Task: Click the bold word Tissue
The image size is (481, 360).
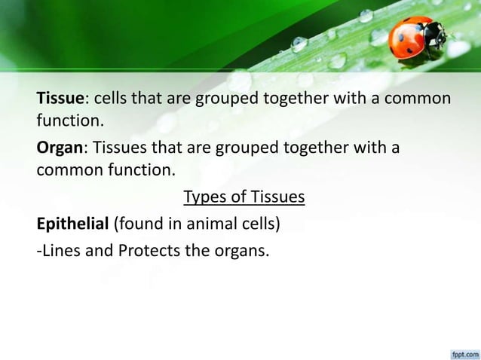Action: pyautogui.click(x=63, y=99)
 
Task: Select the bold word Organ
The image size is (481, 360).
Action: pyautogui.click(x=61, y=147)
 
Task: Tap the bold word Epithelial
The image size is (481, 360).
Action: pyautogui.click(x=73, y=224)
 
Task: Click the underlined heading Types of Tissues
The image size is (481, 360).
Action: pyautogui.click(x=244, y=198)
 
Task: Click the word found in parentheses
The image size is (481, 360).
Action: pyautogui.click(x=136, y=224)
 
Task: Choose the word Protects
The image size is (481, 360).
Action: pyautogui.click(x=147, y=249)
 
